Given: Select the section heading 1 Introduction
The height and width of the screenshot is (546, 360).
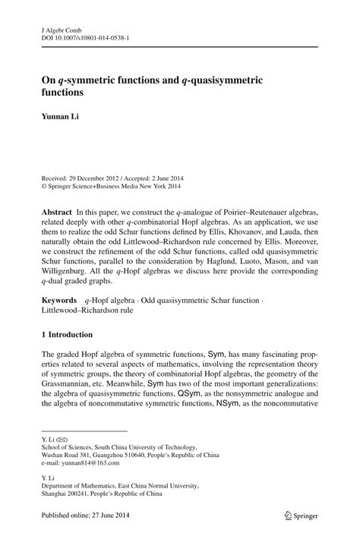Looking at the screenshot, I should pos(67,334).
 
